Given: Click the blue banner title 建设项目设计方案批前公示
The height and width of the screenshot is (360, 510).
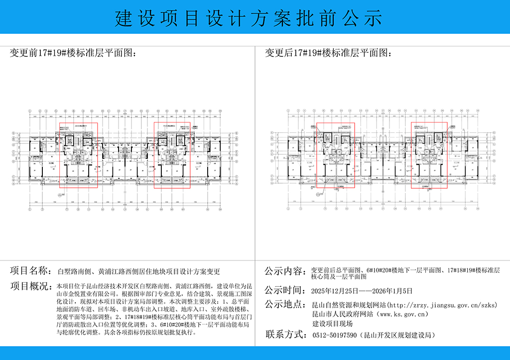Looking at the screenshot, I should coord(249,18).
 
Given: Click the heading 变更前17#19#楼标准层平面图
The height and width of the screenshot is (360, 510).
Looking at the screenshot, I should coord(73,53).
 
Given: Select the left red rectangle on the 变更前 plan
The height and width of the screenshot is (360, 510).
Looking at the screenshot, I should coord(78,155).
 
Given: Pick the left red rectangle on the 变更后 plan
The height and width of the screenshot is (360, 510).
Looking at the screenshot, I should coord(336,155).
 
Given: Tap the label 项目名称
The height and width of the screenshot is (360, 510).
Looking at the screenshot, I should coord(30,271).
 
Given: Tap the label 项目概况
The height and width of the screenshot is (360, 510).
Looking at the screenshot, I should coord(30,287).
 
